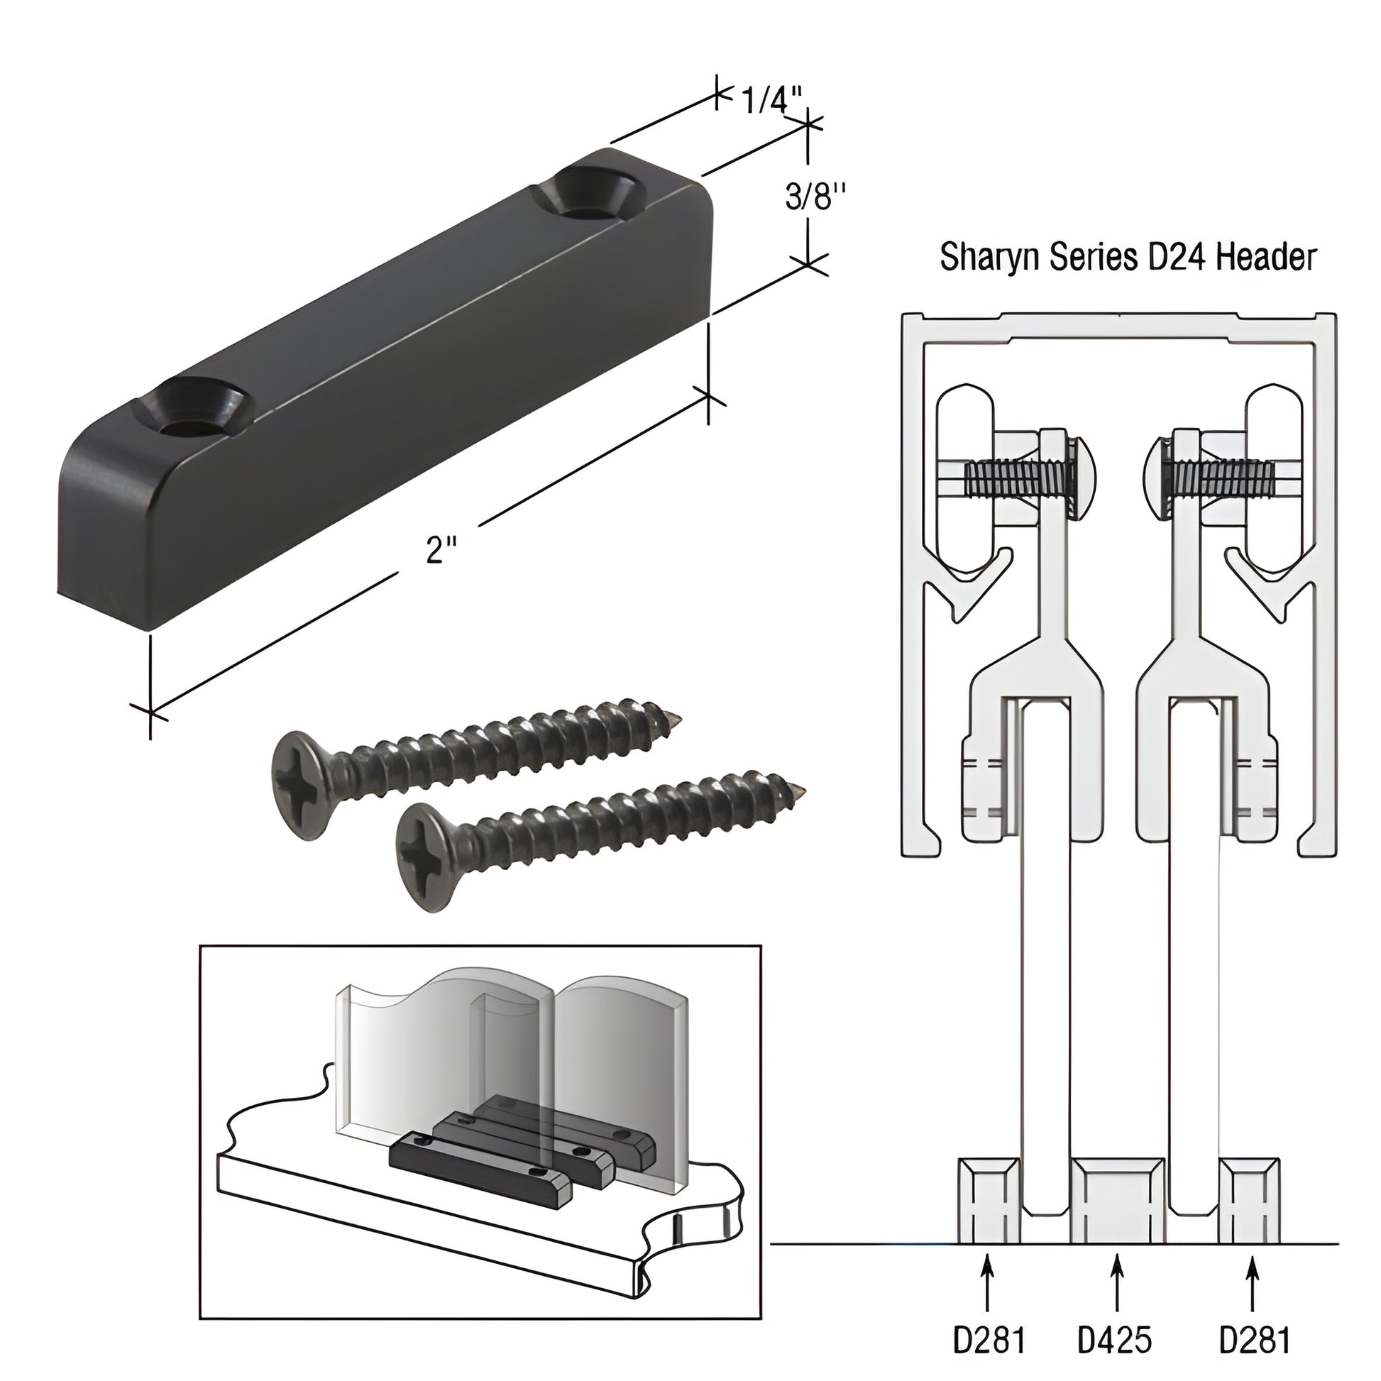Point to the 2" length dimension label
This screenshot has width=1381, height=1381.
point(441,551)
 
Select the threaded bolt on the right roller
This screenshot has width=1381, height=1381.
point(1223,479)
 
